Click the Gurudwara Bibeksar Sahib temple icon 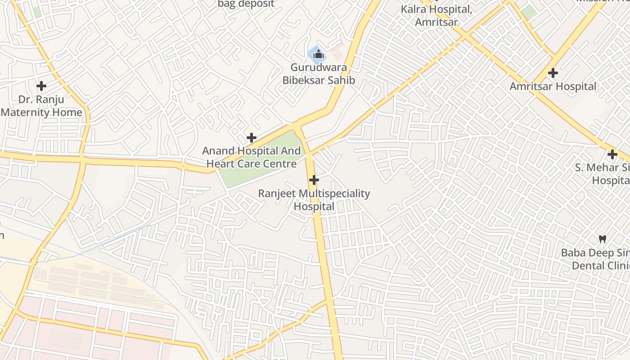[x=318, y=54]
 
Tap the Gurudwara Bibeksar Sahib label [x=319, y=74]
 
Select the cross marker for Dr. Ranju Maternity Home [x=41, y=85]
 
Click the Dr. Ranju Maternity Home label [x=41, y=106]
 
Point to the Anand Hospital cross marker [x=252, y=137]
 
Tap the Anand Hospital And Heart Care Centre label [x=251, y=157]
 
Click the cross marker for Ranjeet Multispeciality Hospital [x=314, y=180]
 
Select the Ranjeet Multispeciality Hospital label [x=314, y=200]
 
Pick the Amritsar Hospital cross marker [x=553, y=72]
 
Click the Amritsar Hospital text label [x=553, y=86]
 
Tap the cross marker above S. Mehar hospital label [x=612, y=154]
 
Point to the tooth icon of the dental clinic [x=603, y=239]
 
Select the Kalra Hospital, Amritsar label [x=436, y=15]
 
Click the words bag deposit [x=246, y=4]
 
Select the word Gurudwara [x=319, y=68]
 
